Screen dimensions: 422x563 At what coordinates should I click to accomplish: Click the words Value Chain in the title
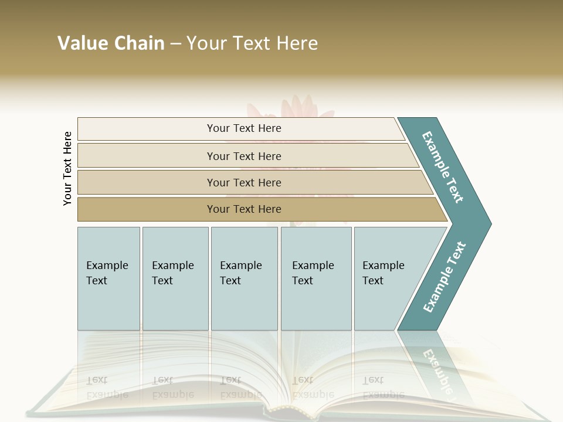click(111, 43)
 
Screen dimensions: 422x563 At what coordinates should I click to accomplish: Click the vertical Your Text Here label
click(67, 168)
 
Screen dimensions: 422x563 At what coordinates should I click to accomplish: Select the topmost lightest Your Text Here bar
click(243, 128)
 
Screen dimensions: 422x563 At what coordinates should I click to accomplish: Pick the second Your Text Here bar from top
click(243, 156)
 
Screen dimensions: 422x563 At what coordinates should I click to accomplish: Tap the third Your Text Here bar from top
click(243, 182)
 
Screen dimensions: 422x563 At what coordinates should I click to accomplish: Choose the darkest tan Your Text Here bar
click(243, 209)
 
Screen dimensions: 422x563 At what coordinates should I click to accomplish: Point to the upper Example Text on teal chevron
click(443, 167)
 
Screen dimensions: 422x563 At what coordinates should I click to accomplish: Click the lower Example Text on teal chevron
click(444, 277)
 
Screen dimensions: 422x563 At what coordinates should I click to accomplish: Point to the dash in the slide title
click(175, 43)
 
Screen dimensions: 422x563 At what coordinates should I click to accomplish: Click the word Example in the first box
click(107, 266)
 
